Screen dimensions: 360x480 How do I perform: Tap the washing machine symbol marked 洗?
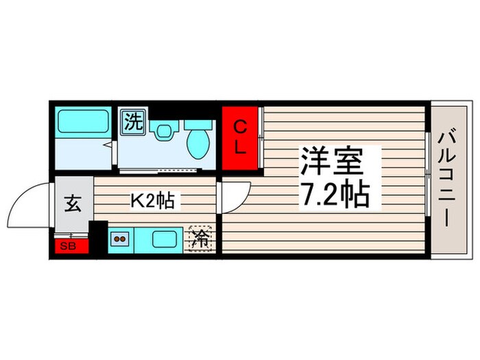(134, 123)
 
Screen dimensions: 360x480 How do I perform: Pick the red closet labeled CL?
(240, 137)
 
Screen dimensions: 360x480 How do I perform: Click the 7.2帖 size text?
(335, 196)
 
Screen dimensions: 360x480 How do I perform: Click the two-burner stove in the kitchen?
(121, 239)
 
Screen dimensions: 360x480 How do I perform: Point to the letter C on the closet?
(240, 127)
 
